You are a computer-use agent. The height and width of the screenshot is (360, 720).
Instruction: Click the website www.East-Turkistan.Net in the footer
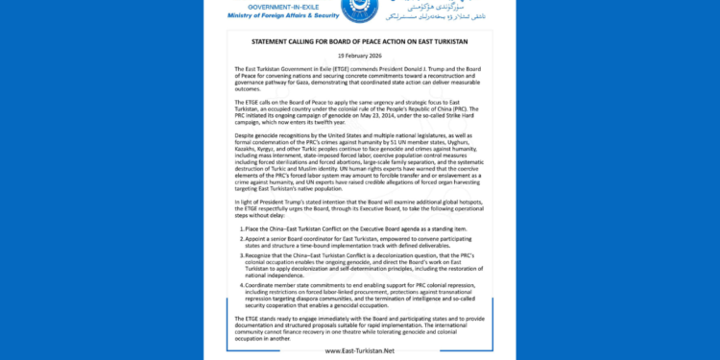coord(361,350)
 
